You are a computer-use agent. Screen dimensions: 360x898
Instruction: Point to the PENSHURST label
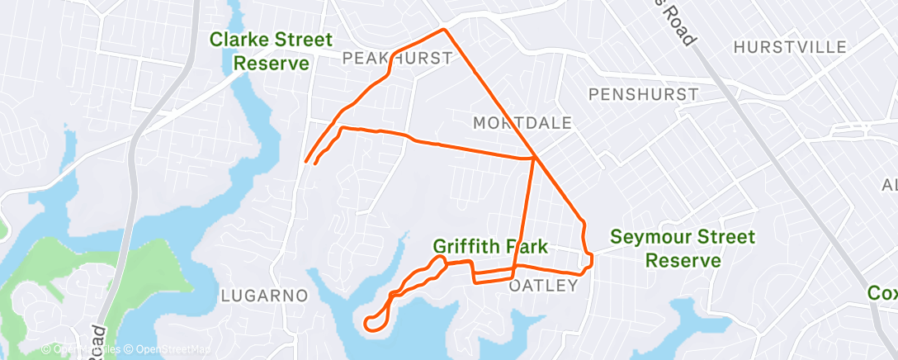(x=643, y=94)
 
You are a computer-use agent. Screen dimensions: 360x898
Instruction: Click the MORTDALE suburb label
(x=522, y=123)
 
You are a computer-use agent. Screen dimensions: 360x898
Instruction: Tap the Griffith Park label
(x=491, y=246)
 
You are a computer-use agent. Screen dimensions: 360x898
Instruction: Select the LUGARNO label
(x=265, y=295)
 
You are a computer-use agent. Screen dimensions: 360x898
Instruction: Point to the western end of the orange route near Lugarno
(x=307, y=161)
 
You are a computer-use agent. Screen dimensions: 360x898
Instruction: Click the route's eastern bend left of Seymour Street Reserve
(x=589, y=256)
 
